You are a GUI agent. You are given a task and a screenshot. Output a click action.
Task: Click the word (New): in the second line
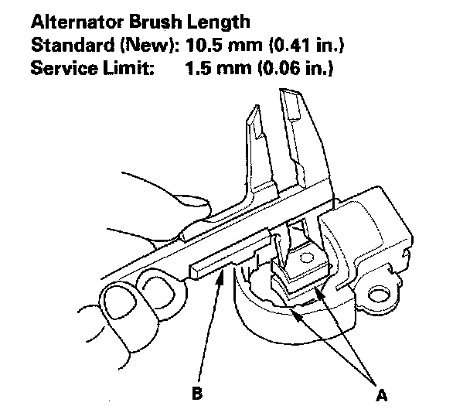click(145, 46)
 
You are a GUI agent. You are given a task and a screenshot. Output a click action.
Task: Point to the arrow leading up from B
click(213, 325)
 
